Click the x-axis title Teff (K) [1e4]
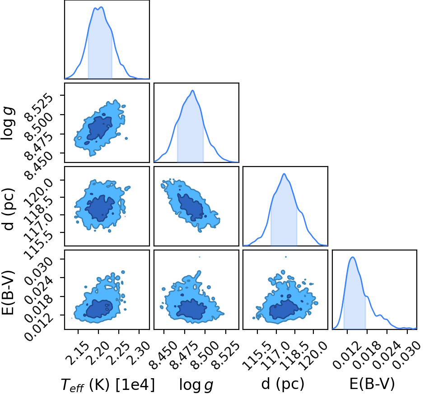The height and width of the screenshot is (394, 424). click(x=108, y=385)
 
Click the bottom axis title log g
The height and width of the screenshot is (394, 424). click(x=196, y=385)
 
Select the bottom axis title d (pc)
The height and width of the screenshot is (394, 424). click(x=283, y=384)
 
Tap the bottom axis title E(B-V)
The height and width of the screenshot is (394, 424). click(x=372, y=384)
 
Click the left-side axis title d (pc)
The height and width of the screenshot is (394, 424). click(x=8, y=209)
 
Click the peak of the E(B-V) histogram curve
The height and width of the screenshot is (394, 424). click(x=353, y=257)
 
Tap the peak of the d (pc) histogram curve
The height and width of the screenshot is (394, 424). click(x=284, y=174)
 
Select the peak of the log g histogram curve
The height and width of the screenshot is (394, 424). click(x=193, y=91)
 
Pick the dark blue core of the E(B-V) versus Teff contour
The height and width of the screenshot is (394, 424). click(x=99, y=308)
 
